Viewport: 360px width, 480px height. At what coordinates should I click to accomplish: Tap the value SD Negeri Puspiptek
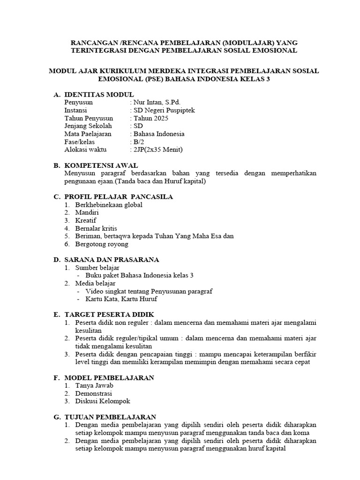[x=164, y=110]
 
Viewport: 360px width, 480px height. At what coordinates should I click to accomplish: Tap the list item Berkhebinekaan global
[x=109, y=205]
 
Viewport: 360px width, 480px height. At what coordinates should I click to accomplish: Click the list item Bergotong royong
[x=102, y=244]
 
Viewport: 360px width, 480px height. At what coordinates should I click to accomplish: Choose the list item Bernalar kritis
[x=97, y=228]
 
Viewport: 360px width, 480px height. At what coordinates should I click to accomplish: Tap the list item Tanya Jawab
[x=94, y=385]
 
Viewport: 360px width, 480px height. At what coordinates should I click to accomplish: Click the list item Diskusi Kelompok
[x=103, y=401]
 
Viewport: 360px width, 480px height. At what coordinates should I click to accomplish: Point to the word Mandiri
[x=87, y=213]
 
